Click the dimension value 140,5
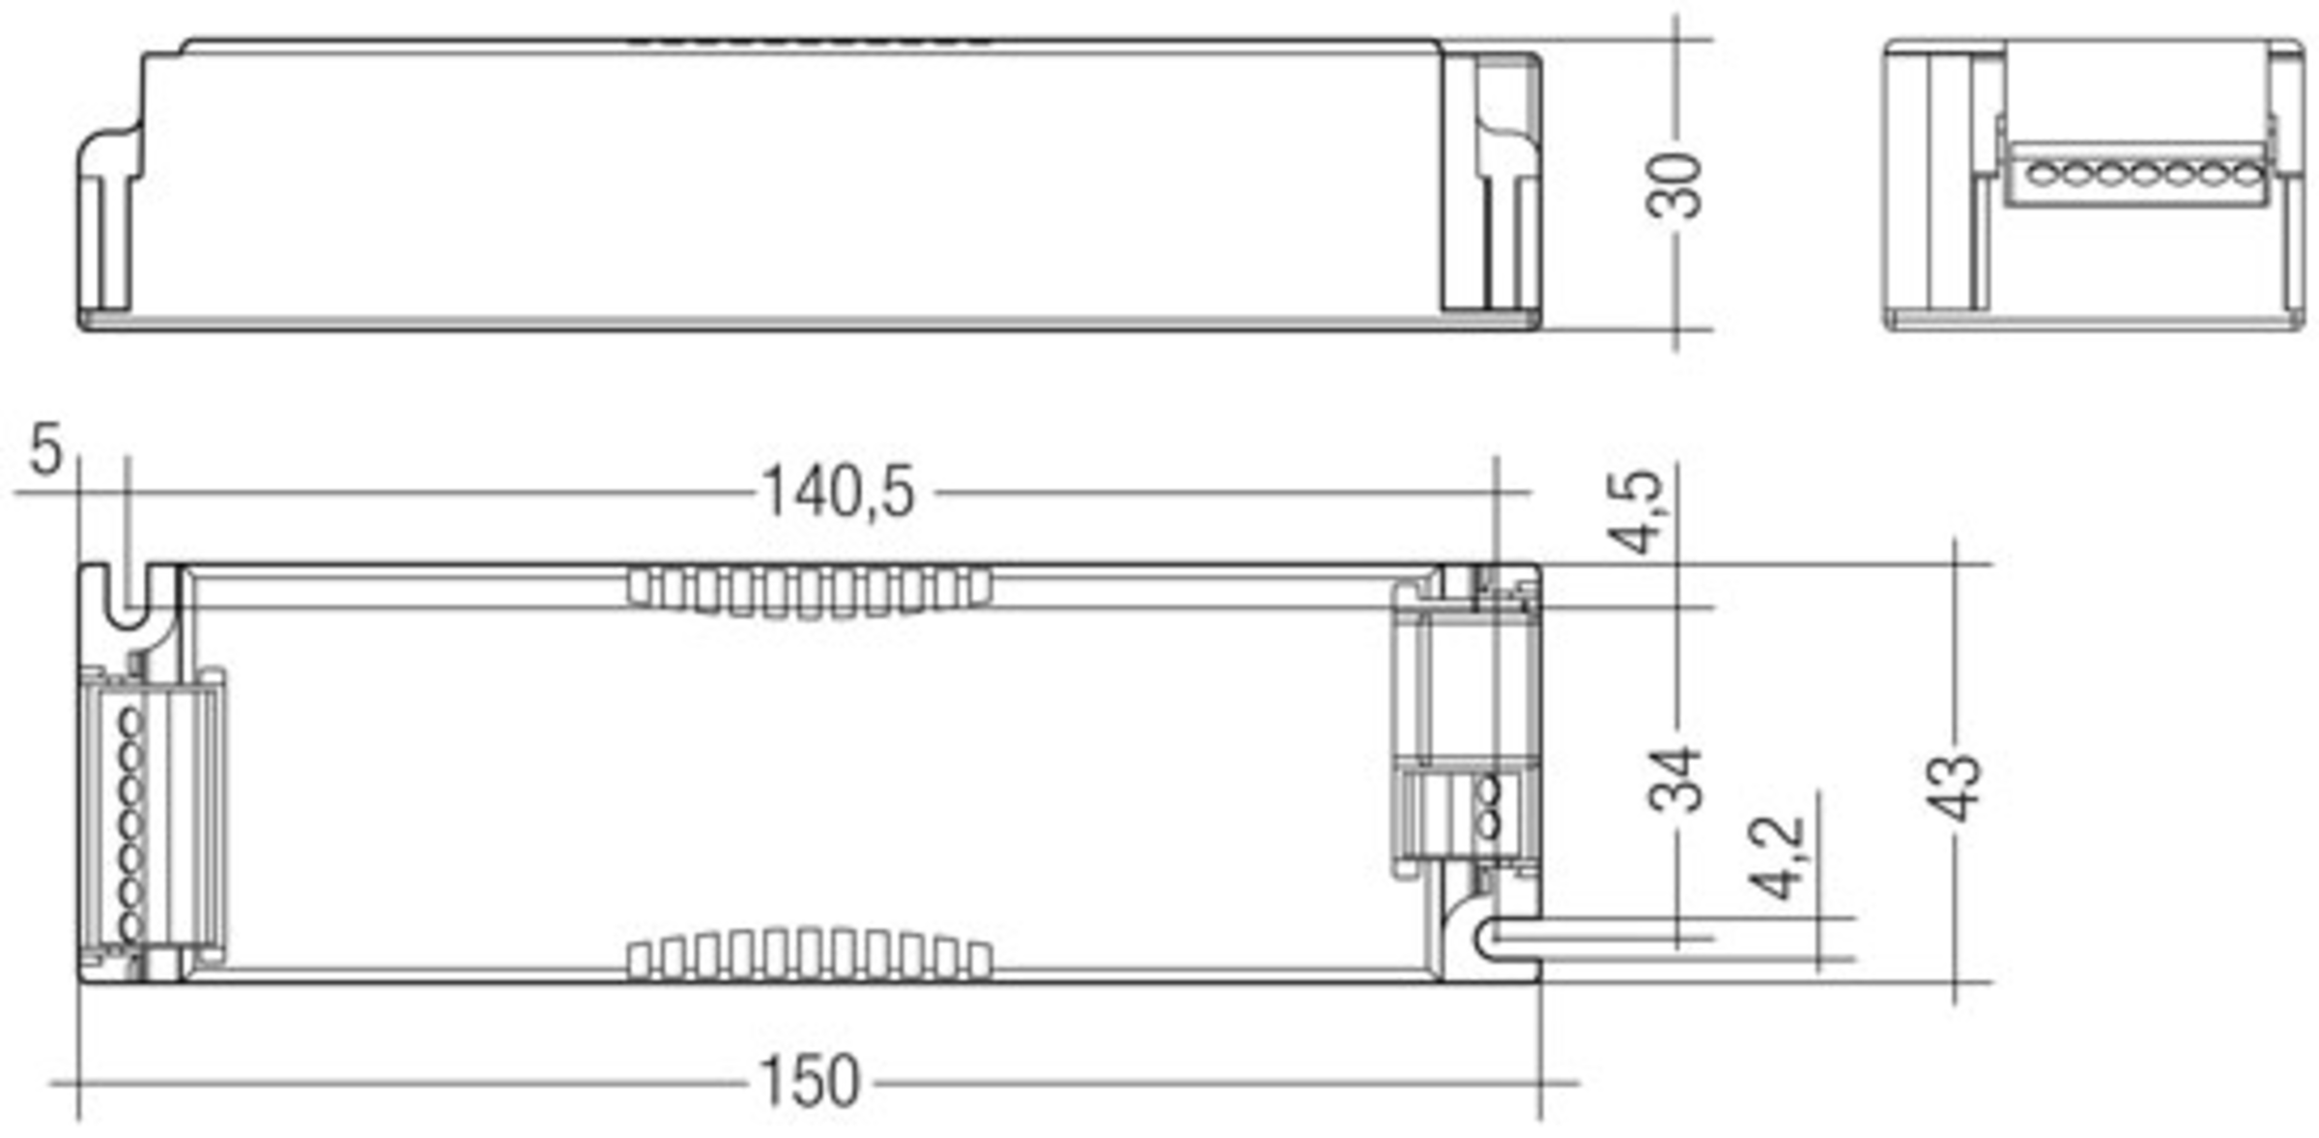pyautogui.click(x=837, y=493)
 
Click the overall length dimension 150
pyautogui.click(x=810, y=1082)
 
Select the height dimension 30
pyautogui.click(x=1674, y=185)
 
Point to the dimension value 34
pyautogui.click(x=1674, y=779)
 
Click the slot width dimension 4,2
pyautogui.click(x=1776, y=858)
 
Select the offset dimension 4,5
pyautogui.click(x=1639, y=512)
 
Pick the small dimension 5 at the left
pyautogui.click(x=45, y=450)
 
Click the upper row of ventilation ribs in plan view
pyautogui.click(x=810, y=589)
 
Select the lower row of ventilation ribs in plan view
pyautogui.click(x=810, y=954)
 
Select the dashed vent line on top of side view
pyautogui.click(x=810, y=43)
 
